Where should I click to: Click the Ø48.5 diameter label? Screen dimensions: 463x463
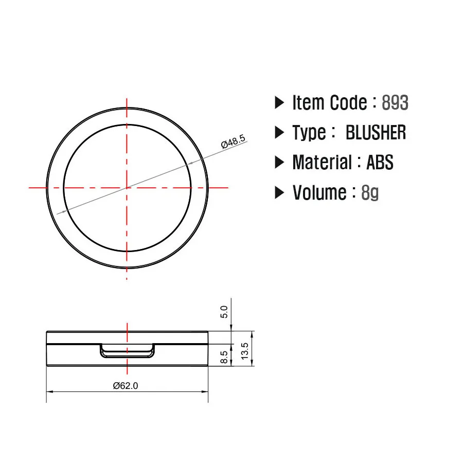[x=234, y=143]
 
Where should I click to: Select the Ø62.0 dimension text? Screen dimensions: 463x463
[x=126, y=385]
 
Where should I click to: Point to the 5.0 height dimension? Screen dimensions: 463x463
[x=223, y=312]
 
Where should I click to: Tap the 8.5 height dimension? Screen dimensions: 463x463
[x=224, y=357]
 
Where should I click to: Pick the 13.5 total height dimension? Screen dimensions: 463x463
[x=245, y=351]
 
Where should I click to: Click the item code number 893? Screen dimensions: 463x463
[x=395, y=103]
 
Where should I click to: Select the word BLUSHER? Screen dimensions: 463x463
[x=376, y=133]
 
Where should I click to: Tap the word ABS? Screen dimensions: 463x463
[x=380, y=163]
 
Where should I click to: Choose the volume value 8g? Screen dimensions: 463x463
[x=370, y=193]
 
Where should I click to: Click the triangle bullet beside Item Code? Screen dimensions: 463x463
[x=279, y=102]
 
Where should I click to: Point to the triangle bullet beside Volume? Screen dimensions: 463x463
[x=279, y=192]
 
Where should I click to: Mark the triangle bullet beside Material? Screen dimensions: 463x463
[x=279, y=163]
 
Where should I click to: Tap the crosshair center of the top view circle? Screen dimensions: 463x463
[x=127, y=188]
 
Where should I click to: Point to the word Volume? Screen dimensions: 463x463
[x=319, y=193]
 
